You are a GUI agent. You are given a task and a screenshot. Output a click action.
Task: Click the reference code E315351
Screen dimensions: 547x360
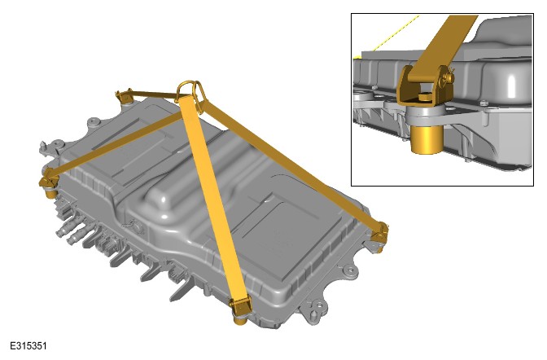click(28, 346)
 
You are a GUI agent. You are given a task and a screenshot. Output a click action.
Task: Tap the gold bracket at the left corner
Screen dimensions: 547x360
click(49, 184)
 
